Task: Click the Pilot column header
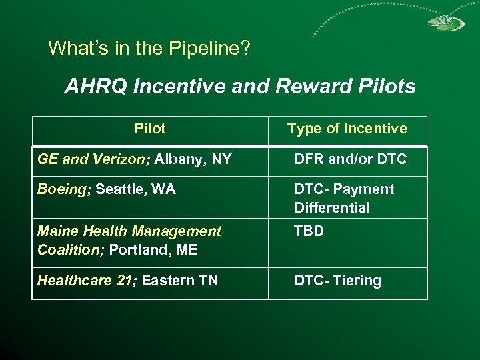click(x=149, y=129)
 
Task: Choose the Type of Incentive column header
click(x=347, y=129)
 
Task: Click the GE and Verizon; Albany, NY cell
click(x=135, y=159)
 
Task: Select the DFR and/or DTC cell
click(x=350, y=159)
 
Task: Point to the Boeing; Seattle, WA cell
click(x=107, y=189)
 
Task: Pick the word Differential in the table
click(x=332, y=207)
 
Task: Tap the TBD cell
click(x=309, y=231)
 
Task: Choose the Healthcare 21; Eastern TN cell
click(x=127, y=281)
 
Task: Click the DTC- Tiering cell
click(x=338, y=281)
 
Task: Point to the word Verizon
click(x=126, y=159)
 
